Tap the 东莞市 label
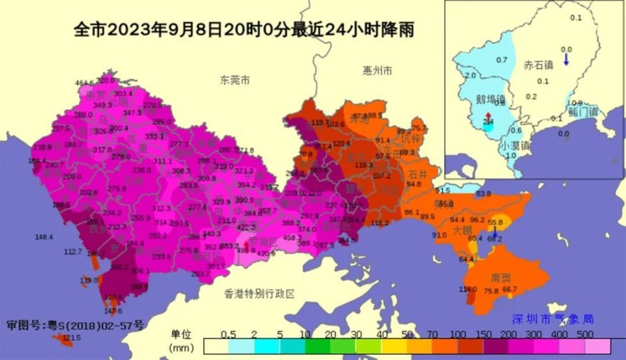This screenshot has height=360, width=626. [235, 80]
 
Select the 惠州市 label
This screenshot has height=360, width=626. [377, 70]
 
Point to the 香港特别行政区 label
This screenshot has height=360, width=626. [260, 293]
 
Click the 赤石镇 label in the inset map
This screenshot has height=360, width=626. [539, 65]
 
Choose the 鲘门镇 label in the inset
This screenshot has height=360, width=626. [583, 112]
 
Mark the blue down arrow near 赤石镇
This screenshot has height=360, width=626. [567, 59]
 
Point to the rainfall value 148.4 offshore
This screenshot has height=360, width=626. [44, 237]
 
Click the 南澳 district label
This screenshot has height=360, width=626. [501, 278]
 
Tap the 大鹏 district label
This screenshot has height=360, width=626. [462, 230]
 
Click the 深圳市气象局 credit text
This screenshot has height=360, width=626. [552, 319]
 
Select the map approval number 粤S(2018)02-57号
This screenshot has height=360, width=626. [75, 324]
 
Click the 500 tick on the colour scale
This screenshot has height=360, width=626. [585, 335]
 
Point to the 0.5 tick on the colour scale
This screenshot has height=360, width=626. [228, 335]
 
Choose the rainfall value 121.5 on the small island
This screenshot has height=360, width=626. [72, 337]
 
